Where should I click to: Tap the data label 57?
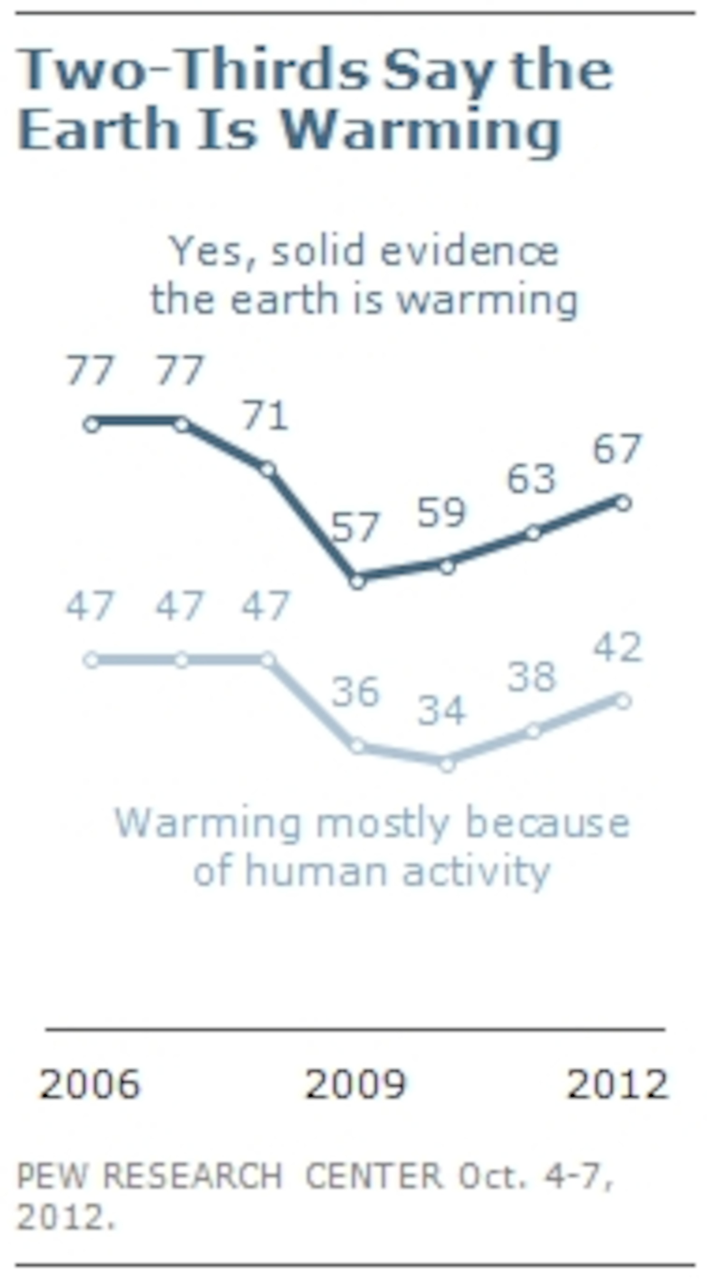pos(355,527)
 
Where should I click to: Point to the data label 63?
pos(531,479)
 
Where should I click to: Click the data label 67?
pos(617,449)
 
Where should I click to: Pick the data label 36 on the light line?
pos(355,692)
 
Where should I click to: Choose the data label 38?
pos(531,677)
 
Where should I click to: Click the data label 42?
pos(617,647)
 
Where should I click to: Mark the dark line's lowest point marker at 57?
pos(357,581)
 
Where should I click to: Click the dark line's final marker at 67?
pos(623,502)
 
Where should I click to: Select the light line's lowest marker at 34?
pos(447,764)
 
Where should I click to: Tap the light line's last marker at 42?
pos(623,701)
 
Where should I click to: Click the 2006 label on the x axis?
pos(90,1084)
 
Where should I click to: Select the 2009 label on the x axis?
pos(355,1084)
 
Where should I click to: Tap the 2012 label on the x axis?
pos(617,1084)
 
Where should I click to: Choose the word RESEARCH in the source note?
pos(192,1176)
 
